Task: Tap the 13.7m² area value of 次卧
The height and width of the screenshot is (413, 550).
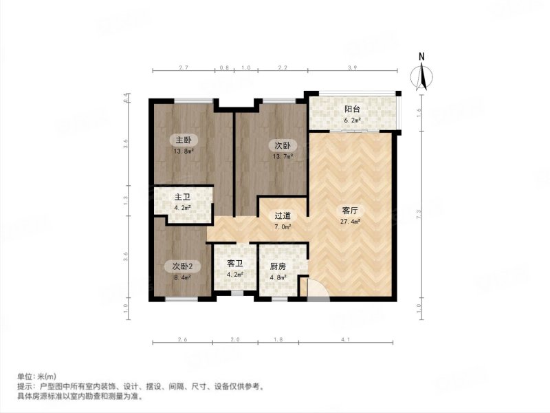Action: pyautogui.click(x=284, y=156)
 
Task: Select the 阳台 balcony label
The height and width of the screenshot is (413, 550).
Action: pyautogui.click(x=353, y=109)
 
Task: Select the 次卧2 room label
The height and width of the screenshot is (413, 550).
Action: pyautogui.click(x=182, y=266)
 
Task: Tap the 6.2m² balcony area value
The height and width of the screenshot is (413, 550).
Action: pyautogui.click(x=353, y=122)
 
